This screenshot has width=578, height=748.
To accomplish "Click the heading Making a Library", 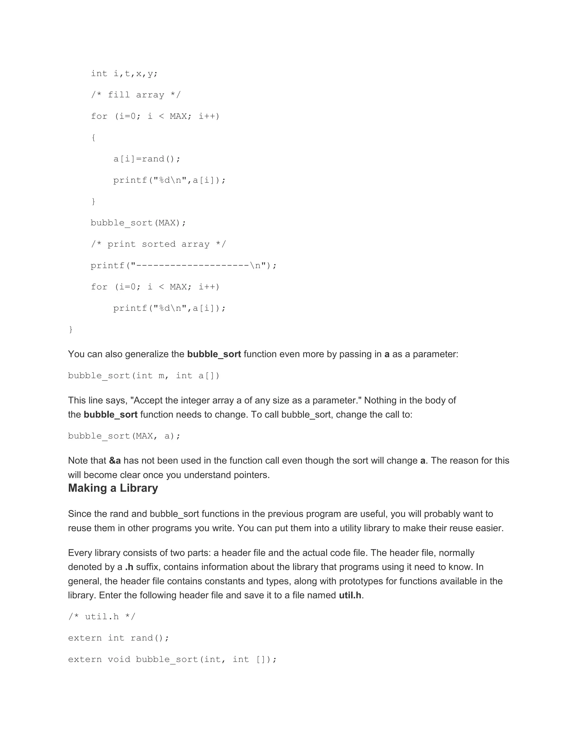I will (x=113, y=488).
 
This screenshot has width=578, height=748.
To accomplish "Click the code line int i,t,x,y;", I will (x=124, y=74).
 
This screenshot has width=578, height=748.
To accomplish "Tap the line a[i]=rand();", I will (x=146, y=159).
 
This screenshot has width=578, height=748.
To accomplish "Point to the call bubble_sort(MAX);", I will (x=138, y=223).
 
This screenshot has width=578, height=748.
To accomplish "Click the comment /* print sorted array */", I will (x=158, y=244).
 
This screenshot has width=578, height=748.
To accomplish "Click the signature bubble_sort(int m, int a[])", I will (x=143, y=376).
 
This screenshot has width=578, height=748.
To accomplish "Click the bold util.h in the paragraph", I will (x=350, y=595).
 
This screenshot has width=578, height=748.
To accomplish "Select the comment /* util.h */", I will (x=102, y=616).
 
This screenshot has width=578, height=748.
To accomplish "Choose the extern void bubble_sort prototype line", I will (x=172, y=659).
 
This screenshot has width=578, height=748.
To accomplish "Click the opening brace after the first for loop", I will (x=93, y=138).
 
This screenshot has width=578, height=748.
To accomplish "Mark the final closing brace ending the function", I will (x=71, y=329).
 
